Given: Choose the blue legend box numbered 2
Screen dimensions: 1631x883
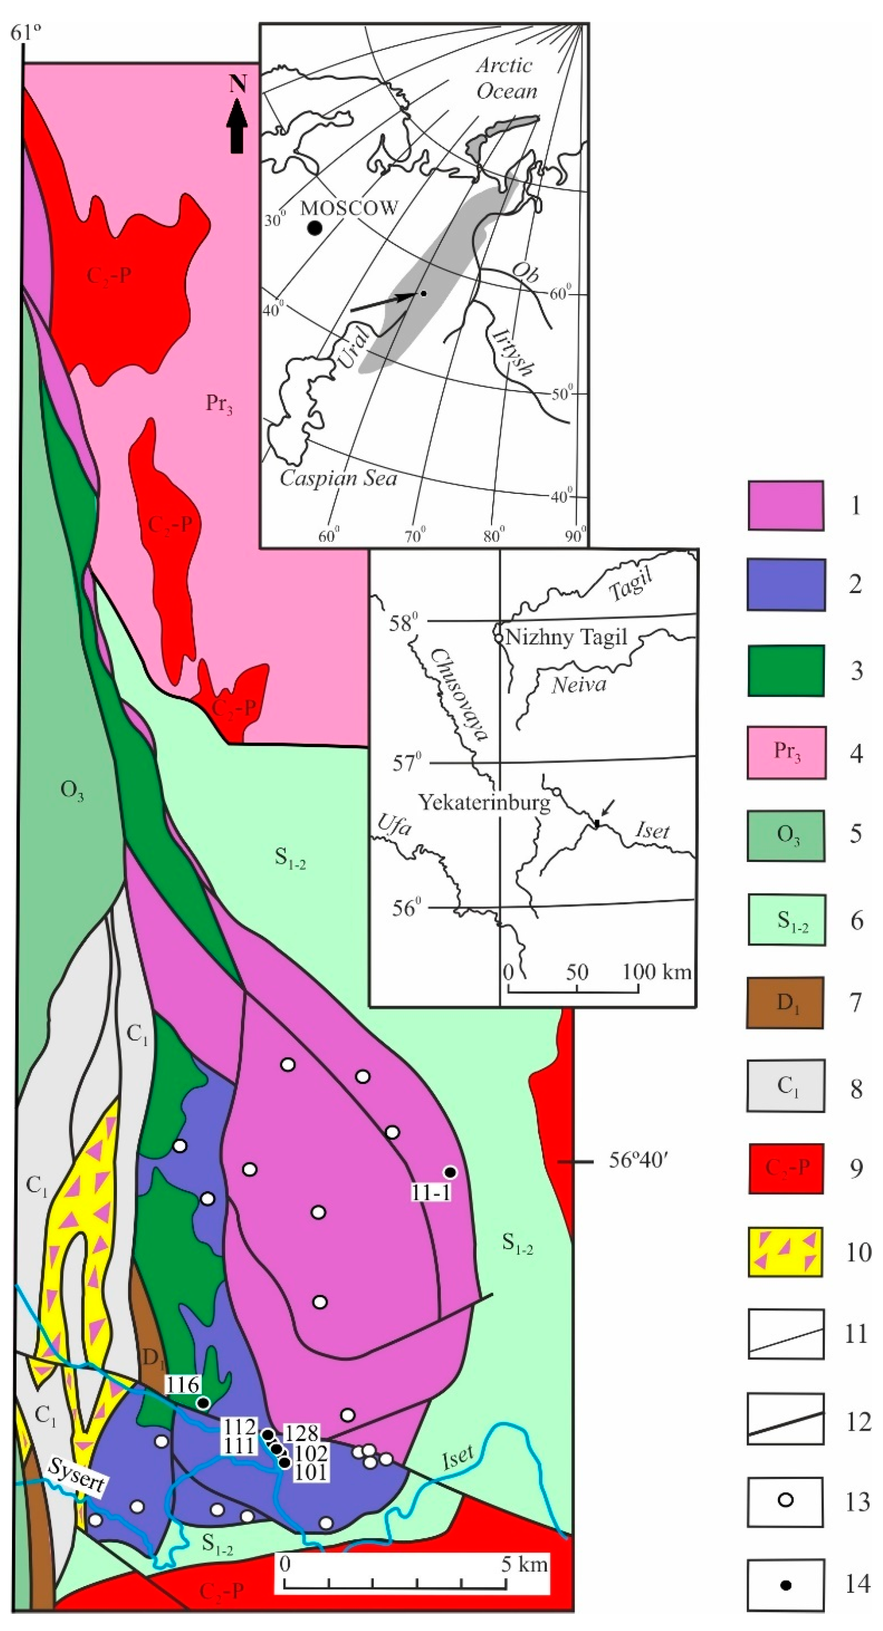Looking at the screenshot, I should coord(785,584).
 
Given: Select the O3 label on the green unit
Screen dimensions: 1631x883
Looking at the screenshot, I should coord(72,792).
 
